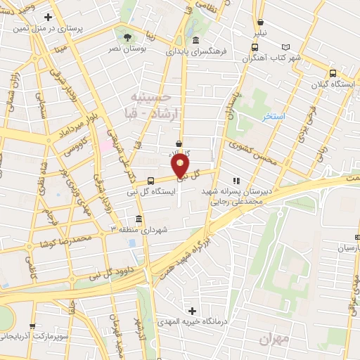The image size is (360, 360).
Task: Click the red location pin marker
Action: click(181, 166)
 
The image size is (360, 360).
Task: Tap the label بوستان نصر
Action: click(127, 49)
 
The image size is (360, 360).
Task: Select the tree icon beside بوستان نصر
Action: click(127, 37)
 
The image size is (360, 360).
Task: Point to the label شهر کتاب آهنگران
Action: click(276, 58)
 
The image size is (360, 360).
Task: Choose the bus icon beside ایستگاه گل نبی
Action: click(150, 181)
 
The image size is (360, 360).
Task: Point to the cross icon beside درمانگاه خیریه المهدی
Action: click(191, 310)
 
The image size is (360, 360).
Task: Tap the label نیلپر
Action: click(261, 33)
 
